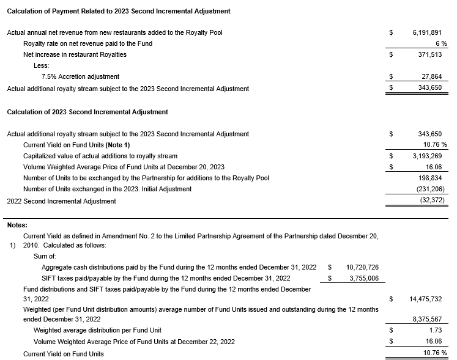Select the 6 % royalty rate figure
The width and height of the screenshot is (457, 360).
pos(441,43)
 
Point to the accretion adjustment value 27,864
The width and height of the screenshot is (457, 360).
pos(436,77)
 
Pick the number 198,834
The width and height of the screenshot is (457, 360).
pos(434,178)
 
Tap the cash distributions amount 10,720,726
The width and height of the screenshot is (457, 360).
pos(362,267)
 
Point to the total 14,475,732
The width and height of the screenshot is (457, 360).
pos(428,299)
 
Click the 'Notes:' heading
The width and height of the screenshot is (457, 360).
pos(17,225)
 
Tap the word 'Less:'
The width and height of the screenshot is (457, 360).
pos(42,65)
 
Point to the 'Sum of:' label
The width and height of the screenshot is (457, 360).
pos(45,256)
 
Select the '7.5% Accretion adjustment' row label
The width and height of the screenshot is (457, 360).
pos(80,77)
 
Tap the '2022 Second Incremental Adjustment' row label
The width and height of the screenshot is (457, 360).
pos(61,200)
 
